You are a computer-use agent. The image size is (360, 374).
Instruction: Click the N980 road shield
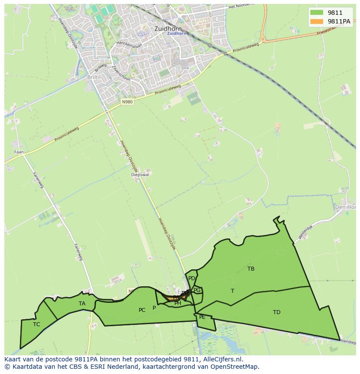(x=127, y=102)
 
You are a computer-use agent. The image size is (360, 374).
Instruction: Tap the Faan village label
(x=19, y=152)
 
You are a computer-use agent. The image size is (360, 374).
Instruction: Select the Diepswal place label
(x=140, y=175)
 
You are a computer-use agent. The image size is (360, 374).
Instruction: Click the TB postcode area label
(x=251, y=269)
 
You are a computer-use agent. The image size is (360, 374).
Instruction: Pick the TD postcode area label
(x=277, y=312)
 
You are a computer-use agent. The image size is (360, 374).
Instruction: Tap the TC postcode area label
(x=37, y=324)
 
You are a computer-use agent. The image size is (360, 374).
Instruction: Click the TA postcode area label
(x=82, y=304)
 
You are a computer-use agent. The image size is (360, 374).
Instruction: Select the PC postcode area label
(x=142, y=310)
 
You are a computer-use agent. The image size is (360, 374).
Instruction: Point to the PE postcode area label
(x=202, y=317)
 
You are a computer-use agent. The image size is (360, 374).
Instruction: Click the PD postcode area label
(x=192, y=278)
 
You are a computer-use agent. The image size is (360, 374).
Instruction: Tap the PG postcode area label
(x=197, y=290)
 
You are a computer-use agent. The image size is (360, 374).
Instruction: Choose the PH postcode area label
(x=178, y=303)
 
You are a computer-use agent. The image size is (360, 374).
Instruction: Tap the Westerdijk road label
(x=305, y=231)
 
